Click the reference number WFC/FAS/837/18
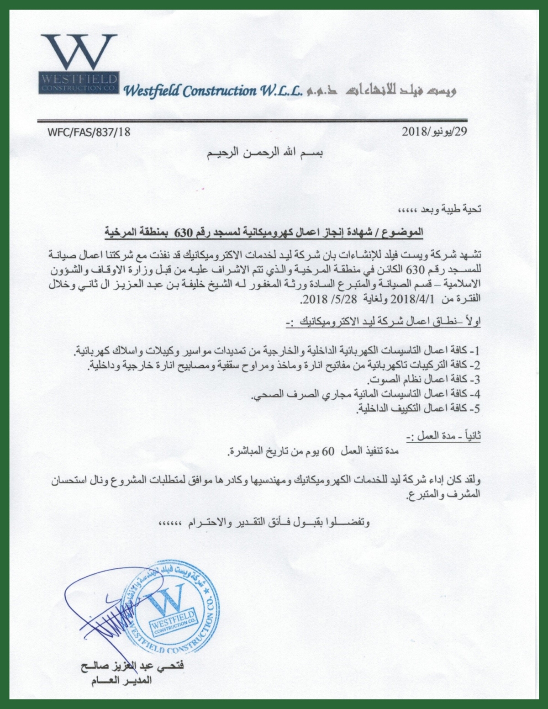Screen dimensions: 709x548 point(89,132)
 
